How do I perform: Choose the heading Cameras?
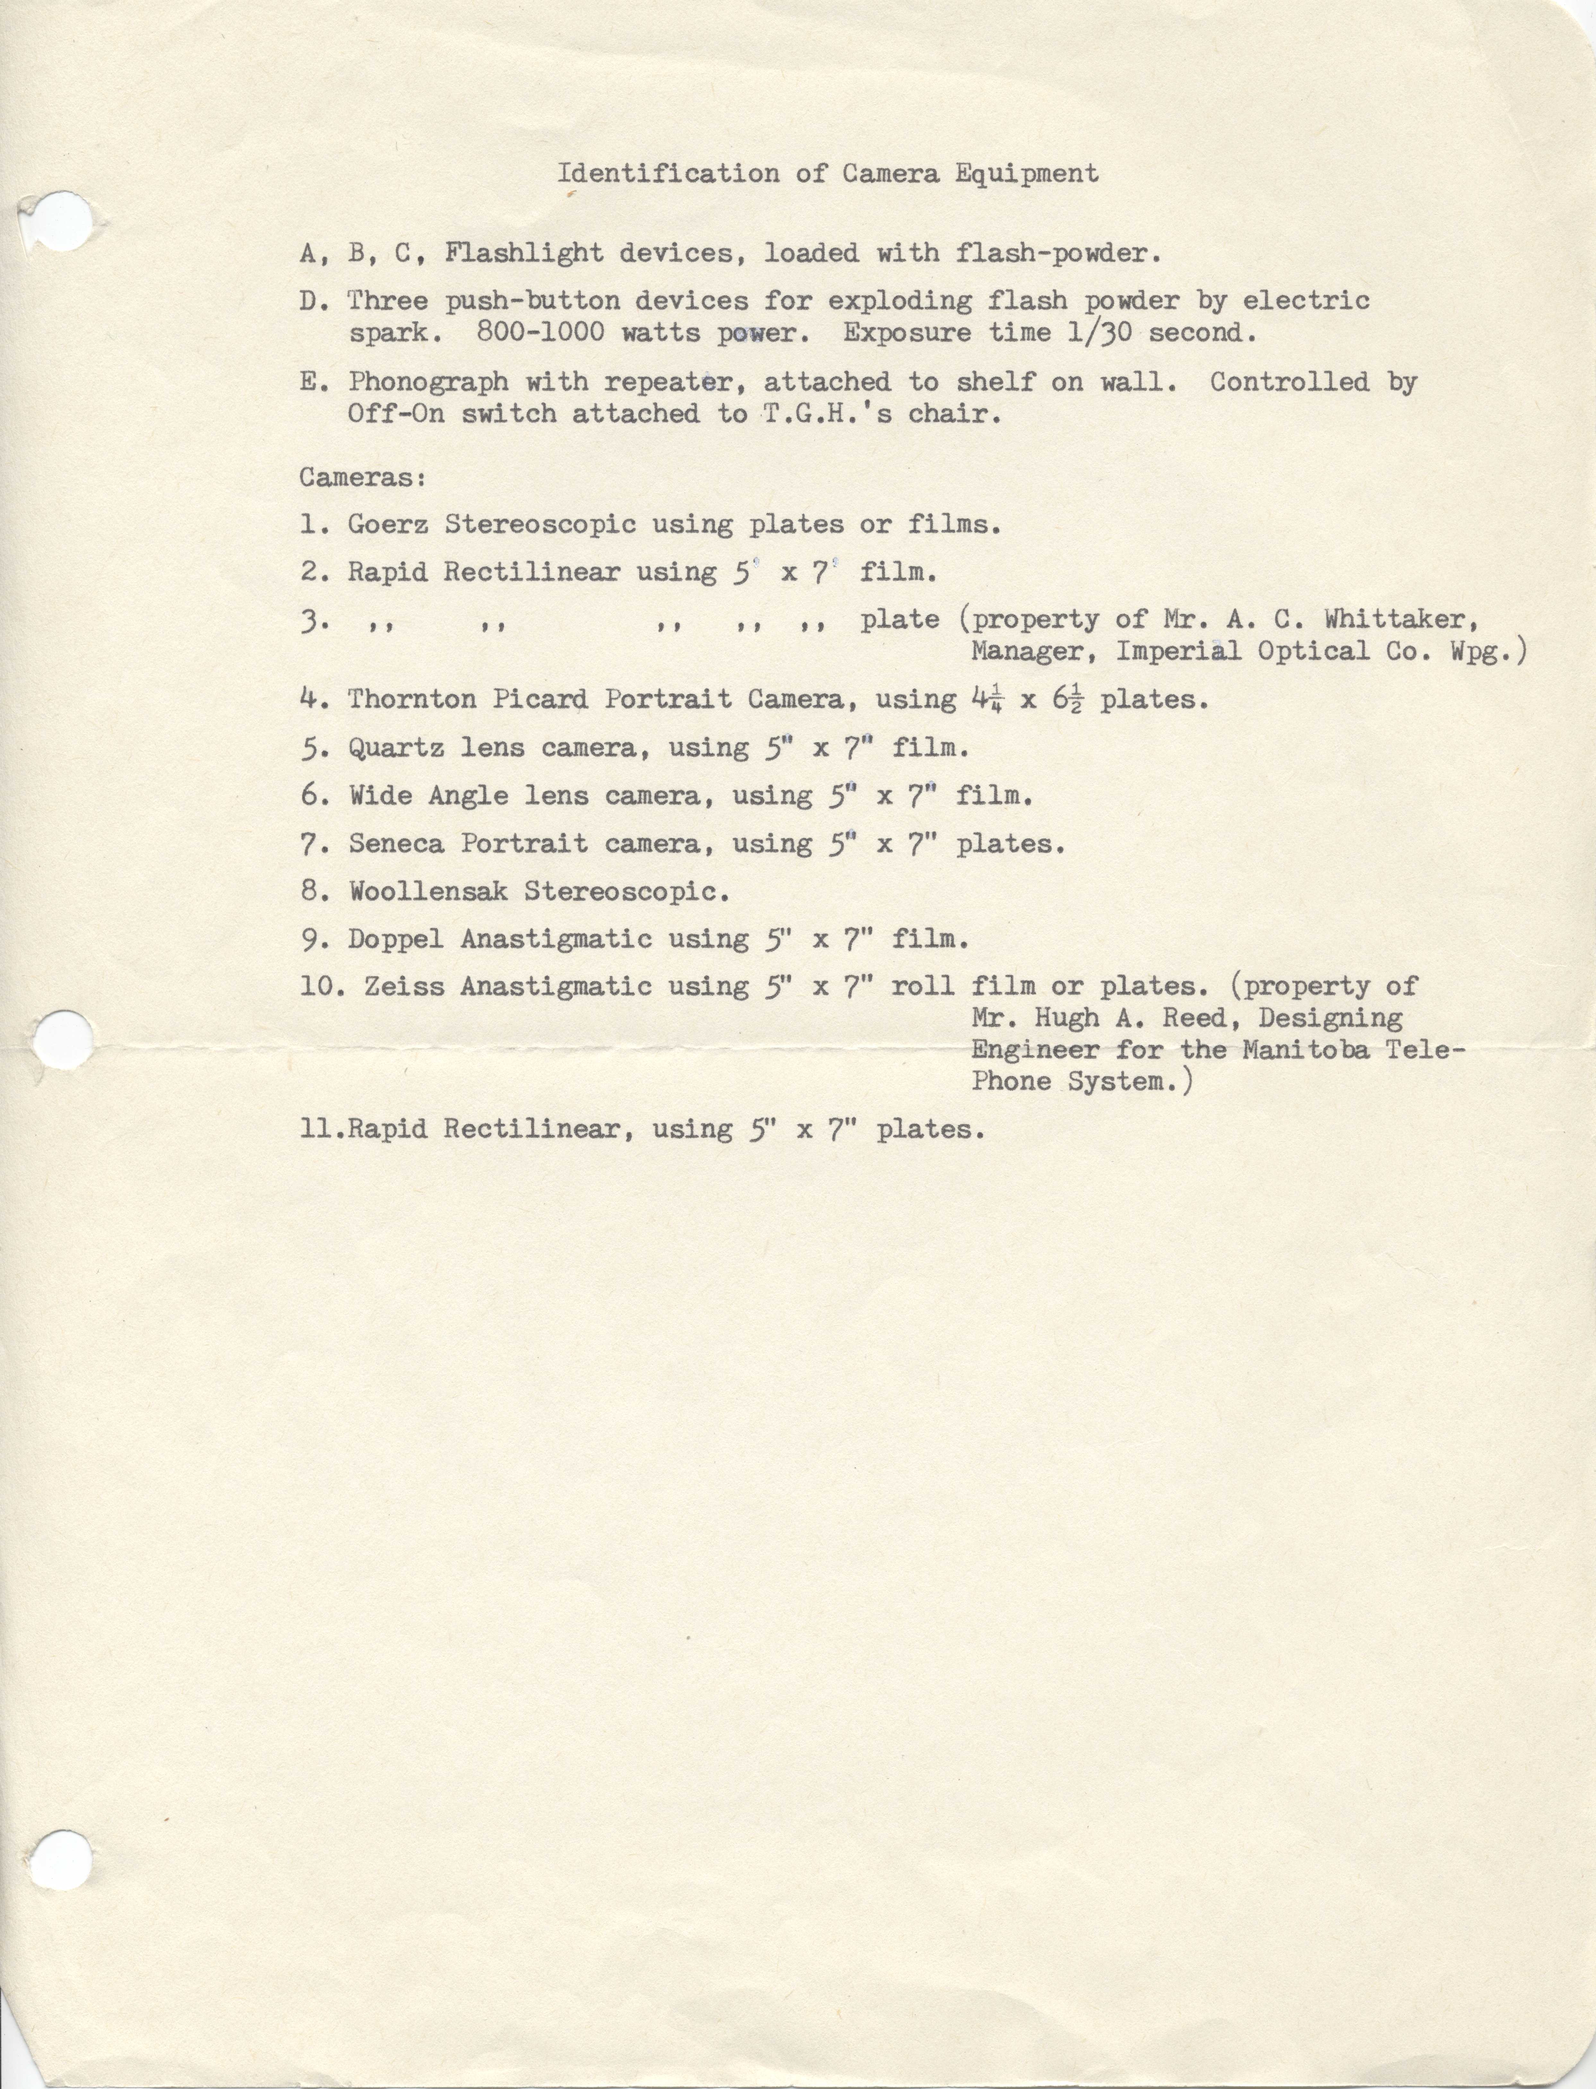363,477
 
